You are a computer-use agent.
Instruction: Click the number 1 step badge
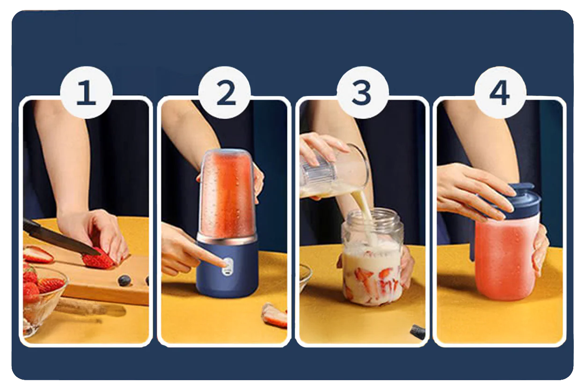click(87, 93)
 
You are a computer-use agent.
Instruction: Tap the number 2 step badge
click(225, 93)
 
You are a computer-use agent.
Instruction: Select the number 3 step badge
click(363, 93)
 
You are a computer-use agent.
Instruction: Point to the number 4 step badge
click(500, 93)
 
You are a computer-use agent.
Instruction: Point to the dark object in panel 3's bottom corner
click(417, 332)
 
